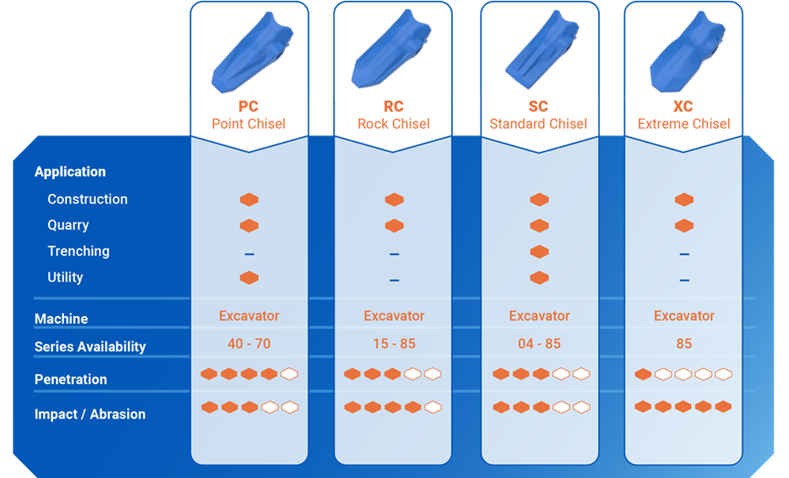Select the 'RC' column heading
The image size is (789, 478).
pyautogui.click(x=394, y=106)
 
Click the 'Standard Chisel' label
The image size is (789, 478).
pyautogui.click(x=538, y=124)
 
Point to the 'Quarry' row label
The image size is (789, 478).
pyautogui.click(x=68, y=225)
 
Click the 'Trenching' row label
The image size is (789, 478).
pyautogui.click(x=78, y=251)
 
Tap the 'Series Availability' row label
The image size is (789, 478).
pyautogui.click(x=90, y=346)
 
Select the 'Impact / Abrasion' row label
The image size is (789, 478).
pyautogui.click(x=90, y=414)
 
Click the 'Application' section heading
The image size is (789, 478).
pyautogui.click(x=70, y=172)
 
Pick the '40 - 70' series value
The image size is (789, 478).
pyautogui.click(x=249, y=344)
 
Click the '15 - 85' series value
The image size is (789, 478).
pyautogui.click(x=394, y=344)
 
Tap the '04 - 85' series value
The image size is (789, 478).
pyautogui.click(x=539, y=344)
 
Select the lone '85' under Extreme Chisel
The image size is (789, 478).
pyautogui.click(x=684, y=344)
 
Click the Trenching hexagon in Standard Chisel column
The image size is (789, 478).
pyautogui.click(x=539, y=252)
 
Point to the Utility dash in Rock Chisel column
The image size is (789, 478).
pyautogui.click(x=394, y=280)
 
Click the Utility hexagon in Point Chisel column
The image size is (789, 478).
pyautogui.click(x=249, y=278)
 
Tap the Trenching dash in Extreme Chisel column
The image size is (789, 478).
pyautogui.click(x=684, y=254)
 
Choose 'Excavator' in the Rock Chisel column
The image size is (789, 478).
pyautogui.click(x=394, y=316)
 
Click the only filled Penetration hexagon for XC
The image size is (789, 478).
pyautogui.click(x=643, y=374)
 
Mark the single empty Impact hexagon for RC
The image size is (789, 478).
pyautogui.click(x=432, y=407)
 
